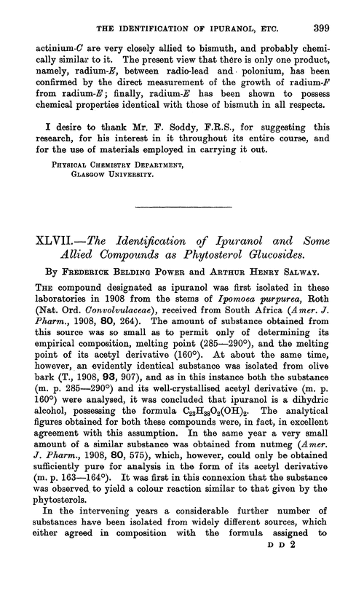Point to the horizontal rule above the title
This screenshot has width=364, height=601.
tap(181, 210)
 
